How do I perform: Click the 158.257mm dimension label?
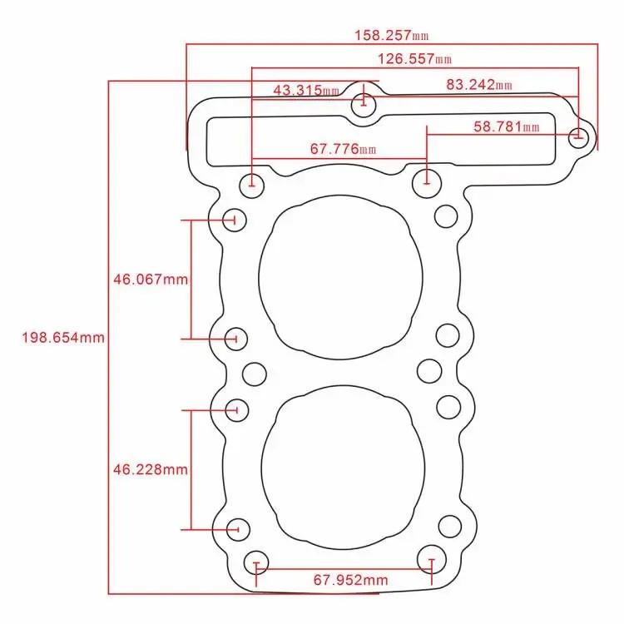pyautogui.click(x=391, y=36)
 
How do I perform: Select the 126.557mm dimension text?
pyautogui.click(x=414, y=59)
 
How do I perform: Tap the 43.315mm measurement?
pyautogui.click(x=305, y=90)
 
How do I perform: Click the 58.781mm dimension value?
pyautogui.click(x=507, y=127)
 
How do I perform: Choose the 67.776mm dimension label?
pyautogui.click(x=342, y=150)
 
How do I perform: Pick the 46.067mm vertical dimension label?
pyautogui.click(x=151, y=280)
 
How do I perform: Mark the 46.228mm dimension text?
pyautogui.click(x=151, y=470)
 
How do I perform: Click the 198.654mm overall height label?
pyautogui.click(x=63, y=338)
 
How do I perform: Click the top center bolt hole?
pyautogui.click(x=363, y=106)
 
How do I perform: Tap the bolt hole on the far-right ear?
pyautogui.click(x=579, y=136)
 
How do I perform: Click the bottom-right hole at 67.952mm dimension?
pyautogui.click(x=431, y=558)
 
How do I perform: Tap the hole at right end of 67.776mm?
pyautogui.click(x=427, y=179)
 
